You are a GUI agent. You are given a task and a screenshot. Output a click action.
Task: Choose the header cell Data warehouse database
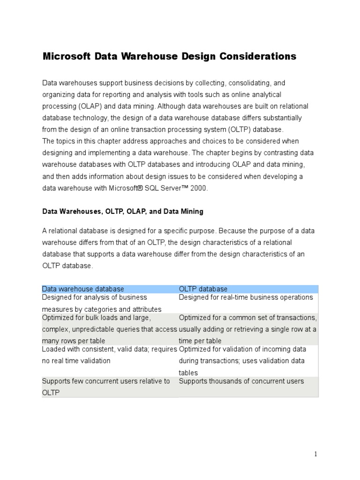click(83, 289)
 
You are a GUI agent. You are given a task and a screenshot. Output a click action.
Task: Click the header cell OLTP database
click(204, 289)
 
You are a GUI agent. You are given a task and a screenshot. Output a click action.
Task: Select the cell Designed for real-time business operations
click(246, 297)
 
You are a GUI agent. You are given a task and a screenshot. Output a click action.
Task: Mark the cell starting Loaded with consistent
click(109, 355)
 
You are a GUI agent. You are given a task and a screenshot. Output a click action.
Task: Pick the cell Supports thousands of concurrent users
click(241, 381)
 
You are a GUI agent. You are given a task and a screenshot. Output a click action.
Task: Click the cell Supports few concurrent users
click(106, 387)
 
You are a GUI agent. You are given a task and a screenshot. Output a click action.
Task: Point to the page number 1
click(316, 454)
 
